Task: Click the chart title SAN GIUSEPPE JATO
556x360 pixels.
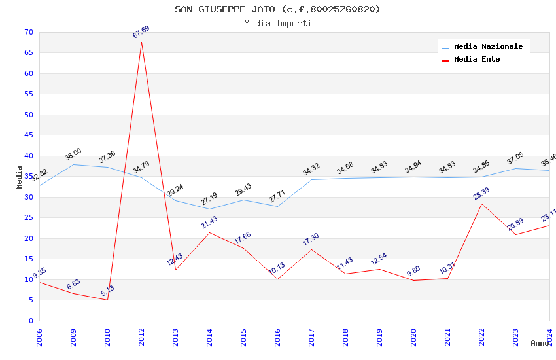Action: (x=277, y=9)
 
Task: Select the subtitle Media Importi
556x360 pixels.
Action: (x=277, y=23)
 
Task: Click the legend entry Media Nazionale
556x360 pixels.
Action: (x=488, y=47)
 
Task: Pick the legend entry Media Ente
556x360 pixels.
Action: (x=477, y=60)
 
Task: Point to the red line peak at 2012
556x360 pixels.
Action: (x=141, y=42)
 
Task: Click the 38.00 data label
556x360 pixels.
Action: (x=73, y=154)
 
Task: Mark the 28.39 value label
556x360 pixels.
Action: (x=481, y=194)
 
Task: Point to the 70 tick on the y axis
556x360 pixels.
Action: (x=27, y=33)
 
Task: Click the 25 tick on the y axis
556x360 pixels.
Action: (x=27, y=218)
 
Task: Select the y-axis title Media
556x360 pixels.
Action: (x=20, y=177)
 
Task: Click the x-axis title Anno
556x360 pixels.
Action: (x=540, y=343)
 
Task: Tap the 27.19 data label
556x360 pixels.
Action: (x=209, y=199)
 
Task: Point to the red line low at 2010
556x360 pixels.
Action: (x=107, y=300)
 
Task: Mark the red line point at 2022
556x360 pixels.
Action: (x=481, y=204)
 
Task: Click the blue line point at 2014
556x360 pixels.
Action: (x=209, y=209)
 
